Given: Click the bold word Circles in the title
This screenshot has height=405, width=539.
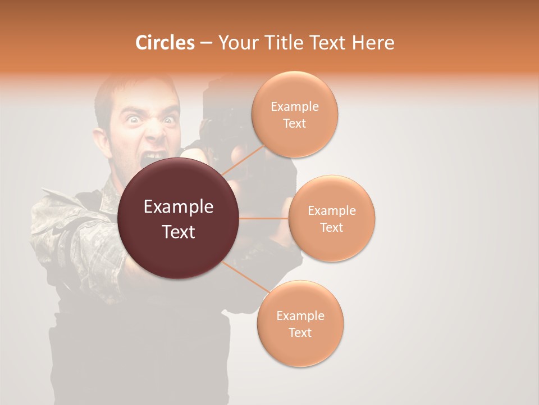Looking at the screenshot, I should click(165, 43).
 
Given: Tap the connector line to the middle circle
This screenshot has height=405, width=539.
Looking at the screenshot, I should click(264, 218).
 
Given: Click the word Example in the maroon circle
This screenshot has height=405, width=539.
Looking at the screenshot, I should click(179, 207).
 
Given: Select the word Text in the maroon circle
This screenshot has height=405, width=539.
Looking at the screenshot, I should click(179, 232).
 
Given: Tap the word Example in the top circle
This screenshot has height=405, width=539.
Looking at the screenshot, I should click(295, 107).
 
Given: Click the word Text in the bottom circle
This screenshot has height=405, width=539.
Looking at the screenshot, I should click(300, 332).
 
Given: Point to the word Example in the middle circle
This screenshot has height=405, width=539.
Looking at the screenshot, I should click(332, 211).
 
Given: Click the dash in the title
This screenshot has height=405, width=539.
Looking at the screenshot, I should click(206, 43).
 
